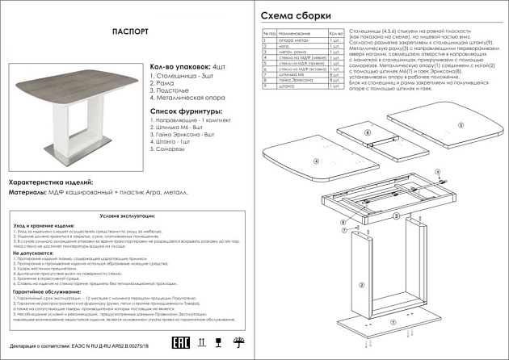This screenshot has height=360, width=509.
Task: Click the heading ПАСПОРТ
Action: click(128, 31)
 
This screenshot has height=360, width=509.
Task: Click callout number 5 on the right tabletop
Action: click(460, 126)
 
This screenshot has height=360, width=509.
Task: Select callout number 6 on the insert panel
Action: click(368, 132)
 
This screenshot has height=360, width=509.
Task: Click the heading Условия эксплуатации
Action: click(126, 217)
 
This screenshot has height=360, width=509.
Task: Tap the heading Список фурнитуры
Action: click(181, 111)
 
